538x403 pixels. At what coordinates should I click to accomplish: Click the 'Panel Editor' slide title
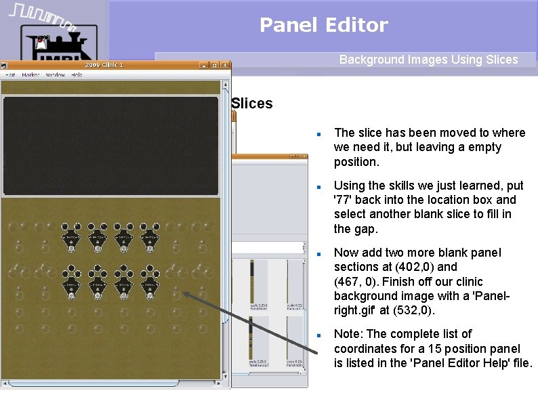click(323, 26)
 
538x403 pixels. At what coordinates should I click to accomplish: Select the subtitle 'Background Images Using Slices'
click(428, 60)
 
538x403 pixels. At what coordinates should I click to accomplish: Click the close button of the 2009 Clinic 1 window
click(225, 66)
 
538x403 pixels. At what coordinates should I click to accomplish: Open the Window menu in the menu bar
click(56, 75)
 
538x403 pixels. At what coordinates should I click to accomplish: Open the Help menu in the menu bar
click(77, 75)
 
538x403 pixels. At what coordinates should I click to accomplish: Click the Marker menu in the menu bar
click(30, 75)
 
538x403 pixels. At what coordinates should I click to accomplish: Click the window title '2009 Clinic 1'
click(102, 66)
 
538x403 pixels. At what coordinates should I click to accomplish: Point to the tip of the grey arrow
click(182, 294)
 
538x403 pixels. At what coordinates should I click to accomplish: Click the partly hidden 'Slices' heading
click(251, 104)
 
